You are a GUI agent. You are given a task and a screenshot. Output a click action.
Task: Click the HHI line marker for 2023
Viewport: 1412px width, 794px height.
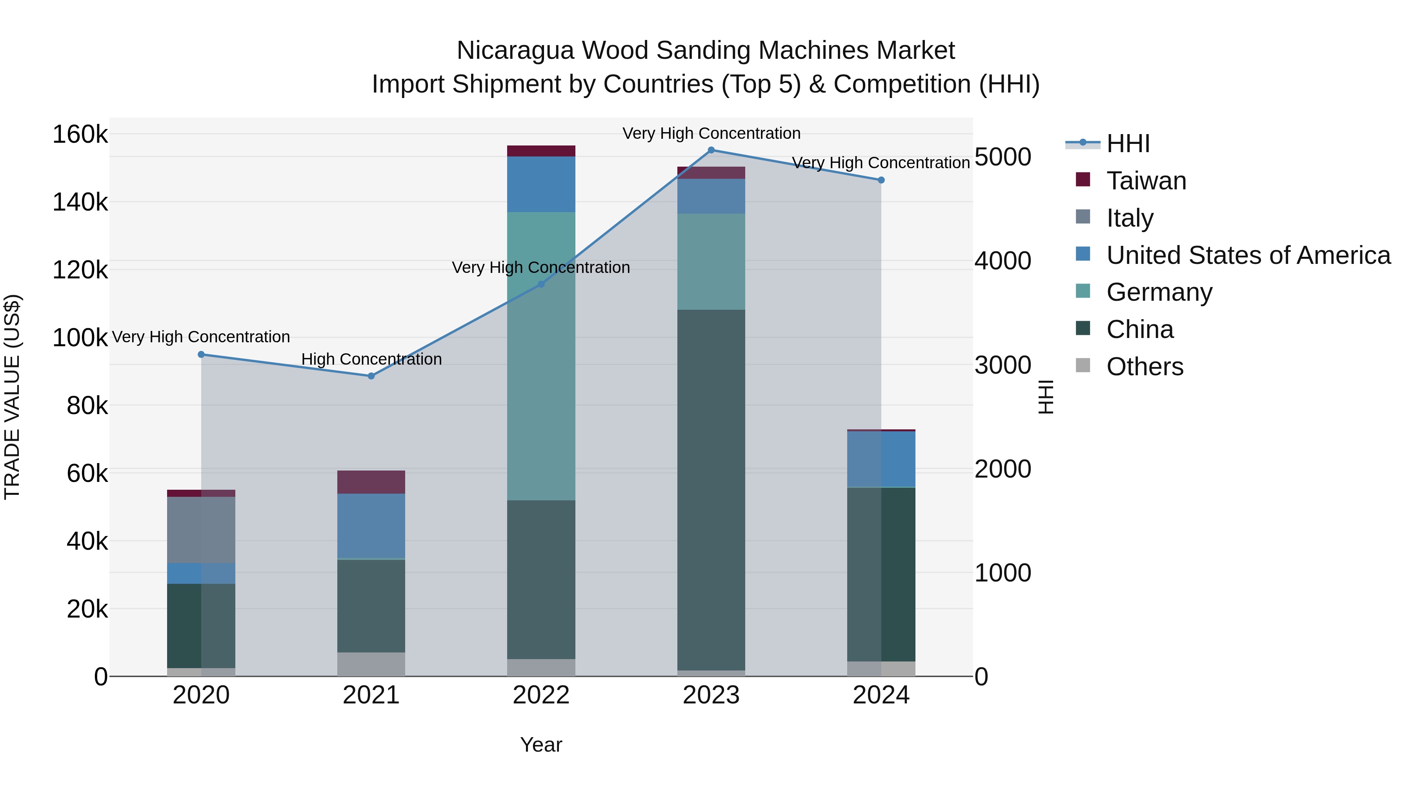pos(711,150)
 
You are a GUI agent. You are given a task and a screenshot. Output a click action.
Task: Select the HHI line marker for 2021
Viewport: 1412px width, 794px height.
pos(371,376)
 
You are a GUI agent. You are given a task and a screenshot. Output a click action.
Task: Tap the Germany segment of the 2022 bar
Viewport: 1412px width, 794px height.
pos(541,356)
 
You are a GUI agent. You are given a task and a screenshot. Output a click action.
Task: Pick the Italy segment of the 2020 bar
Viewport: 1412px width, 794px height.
pos(201,529)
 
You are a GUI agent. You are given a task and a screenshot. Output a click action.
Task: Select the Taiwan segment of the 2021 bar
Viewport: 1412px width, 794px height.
pos(371,482)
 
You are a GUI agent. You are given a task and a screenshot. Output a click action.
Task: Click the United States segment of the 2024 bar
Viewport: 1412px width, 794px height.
pos(881,459)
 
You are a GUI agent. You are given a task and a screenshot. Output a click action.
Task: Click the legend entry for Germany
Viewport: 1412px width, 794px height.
pos(1159,292)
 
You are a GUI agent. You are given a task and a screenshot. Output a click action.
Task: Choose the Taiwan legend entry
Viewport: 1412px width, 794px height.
pos(1146,181)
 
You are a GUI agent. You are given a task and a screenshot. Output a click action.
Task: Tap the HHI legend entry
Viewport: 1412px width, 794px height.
pos(1128,144)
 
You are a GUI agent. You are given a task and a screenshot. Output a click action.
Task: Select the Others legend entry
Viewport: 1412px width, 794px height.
pos(1145,367)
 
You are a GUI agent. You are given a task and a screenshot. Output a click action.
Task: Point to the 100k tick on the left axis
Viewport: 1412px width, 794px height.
pos(80,338)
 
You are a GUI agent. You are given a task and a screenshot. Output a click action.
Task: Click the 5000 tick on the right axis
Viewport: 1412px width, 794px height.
pos(1003,157)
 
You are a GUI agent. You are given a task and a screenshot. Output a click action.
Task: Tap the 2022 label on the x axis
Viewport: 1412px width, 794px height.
pos(541,695)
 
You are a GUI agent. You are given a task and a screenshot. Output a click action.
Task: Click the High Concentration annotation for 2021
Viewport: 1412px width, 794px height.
pos(371,360)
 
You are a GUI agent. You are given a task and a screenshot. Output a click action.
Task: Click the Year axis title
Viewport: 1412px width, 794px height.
pos(541,745)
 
